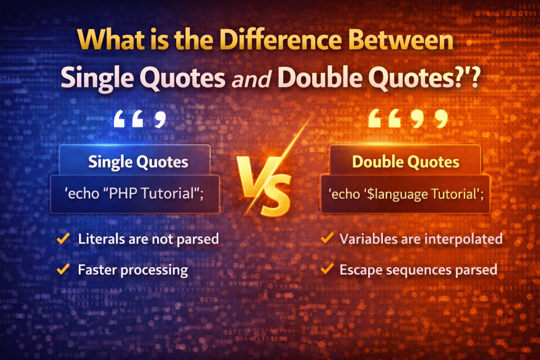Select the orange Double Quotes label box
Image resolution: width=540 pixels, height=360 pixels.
(x=404, y=161)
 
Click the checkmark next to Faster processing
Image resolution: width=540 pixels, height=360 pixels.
(x=63, y=270)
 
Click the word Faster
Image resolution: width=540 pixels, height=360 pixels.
(x=97, y=270)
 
